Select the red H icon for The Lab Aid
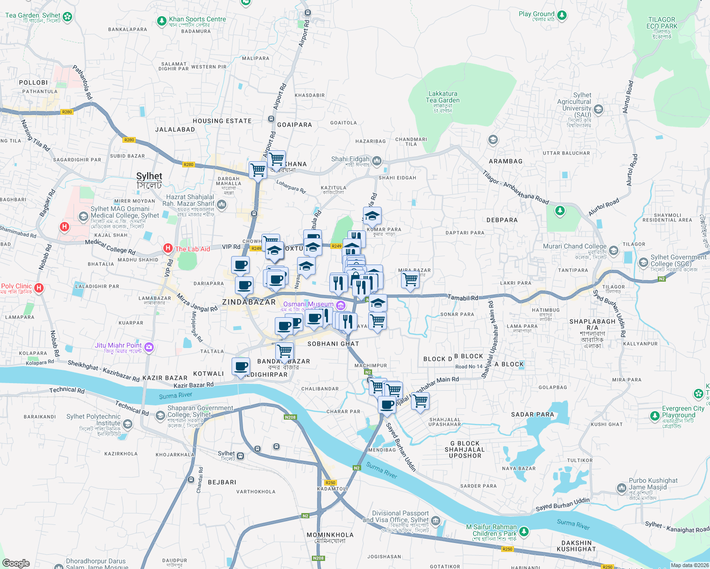tap(168, 248)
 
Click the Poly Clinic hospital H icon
tap(39, 288)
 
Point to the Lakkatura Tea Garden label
tap(442, 97)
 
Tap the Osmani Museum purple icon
tap(340, 305)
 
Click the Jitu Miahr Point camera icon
tap(149, 347)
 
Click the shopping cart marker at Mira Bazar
tap(410, 279)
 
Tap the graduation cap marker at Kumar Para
tap(372, 216)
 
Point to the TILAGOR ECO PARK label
tap(662, 23)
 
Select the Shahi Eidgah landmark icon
tap(377, 161)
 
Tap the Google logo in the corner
tap(16, 563)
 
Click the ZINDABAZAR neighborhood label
tap(249, 302)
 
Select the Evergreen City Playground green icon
tap(655, 416)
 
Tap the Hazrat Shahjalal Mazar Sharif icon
tap(222, 205)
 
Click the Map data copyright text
tap(689, 565)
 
